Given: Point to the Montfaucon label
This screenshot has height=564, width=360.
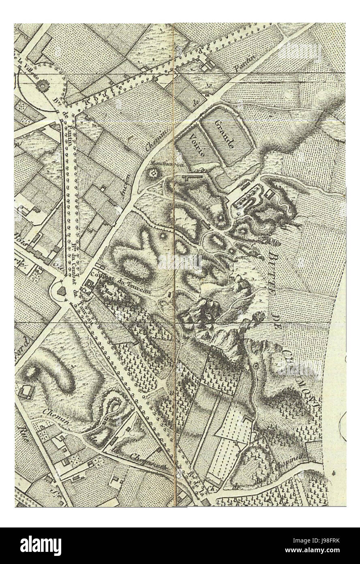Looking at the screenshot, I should coord(162,164).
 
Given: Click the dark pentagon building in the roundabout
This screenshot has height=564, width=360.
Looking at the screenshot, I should coord(61,291).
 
